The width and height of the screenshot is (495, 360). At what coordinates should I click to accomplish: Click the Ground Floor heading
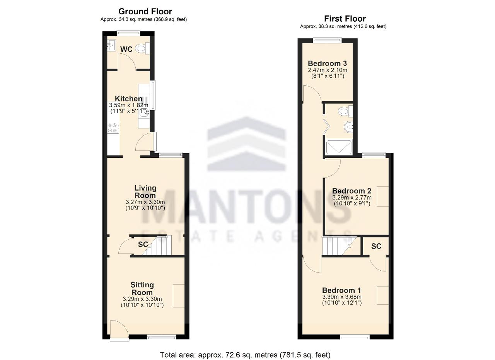[x=145, y=11]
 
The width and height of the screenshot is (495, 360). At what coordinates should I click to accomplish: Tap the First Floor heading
[x=345, y=19]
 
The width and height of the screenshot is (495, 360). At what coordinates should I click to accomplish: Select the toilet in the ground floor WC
[x=142, y=48]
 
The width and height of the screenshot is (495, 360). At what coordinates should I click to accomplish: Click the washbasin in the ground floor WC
[x=111, y=45]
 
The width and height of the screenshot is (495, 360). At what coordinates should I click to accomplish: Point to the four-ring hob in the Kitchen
[x=113, y=128]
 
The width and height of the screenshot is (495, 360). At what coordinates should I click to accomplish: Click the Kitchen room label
[x=128, y=99]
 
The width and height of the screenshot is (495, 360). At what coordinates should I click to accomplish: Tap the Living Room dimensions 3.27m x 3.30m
[x=145, y=202]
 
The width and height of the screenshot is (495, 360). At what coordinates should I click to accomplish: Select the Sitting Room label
[x=142, y=288]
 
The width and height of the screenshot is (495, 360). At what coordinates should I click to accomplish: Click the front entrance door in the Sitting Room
[x=119, y=330]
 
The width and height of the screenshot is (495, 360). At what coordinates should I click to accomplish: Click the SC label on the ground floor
[x=143, y=244]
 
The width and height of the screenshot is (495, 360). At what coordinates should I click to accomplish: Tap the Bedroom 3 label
[x=328, y=63]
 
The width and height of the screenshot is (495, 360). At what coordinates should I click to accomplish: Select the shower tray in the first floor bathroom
[x=338, y=147]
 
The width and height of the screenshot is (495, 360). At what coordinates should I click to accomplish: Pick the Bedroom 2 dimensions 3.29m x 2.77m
[x=352, y=197]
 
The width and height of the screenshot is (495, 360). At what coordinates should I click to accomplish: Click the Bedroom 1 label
[x=341, y=290]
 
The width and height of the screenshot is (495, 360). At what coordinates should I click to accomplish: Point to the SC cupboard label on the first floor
[x=376, y=246]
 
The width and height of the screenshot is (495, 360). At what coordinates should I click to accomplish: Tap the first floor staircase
[x=339, y=246]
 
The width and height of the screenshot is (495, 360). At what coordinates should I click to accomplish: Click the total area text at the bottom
[x=245, y=355]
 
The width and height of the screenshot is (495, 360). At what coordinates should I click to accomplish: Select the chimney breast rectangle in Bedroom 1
[x=383, y=296]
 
